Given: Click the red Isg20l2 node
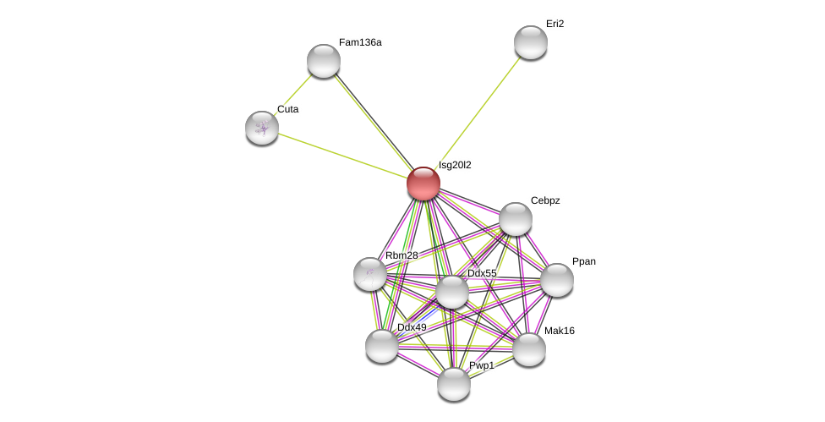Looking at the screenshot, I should [x=423, y=184].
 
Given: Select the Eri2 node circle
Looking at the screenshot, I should [x=531, y=42].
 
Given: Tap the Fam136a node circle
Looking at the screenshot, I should [x=324, y=61].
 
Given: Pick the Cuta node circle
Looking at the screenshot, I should [x=262, y=128].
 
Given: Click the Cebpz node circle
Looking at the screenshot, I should [x=516, y=219].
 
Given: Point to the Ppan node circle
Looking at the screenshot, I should [x=557, y=280].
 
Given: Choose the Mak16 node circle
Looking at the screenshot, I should [x=529, y=349].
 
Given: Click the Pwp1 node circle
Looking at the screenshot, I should [x=454, y=384].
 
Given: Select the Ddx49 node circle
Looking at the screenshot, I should [x=382, y=346].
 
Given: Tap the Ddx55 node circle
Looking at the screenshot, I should [x=452, y=292].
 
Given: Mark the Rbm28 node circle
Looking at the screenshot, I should [x=370, y=274].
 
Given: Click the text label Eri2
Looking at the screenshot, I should [x=555, y=24].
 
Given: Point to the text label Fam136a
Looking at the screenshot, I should [x=360, y=42].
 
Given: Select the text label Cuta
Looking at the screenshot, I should [x=287, y=109].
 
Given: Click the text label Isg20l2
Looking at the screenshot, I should [x=455, y=165].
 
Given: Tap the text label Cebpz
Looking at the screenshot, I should [x=545, y=200].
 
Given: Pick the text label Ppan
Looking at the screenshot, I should [x=583, y=261].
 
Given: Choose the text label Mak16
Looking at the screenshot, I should [x=559, y=331].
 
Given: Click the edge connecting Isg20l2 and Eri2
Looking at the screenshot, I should [x=478, y=112].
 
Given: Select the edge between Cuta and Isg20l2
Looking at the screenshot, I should [x=342, y=156].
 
